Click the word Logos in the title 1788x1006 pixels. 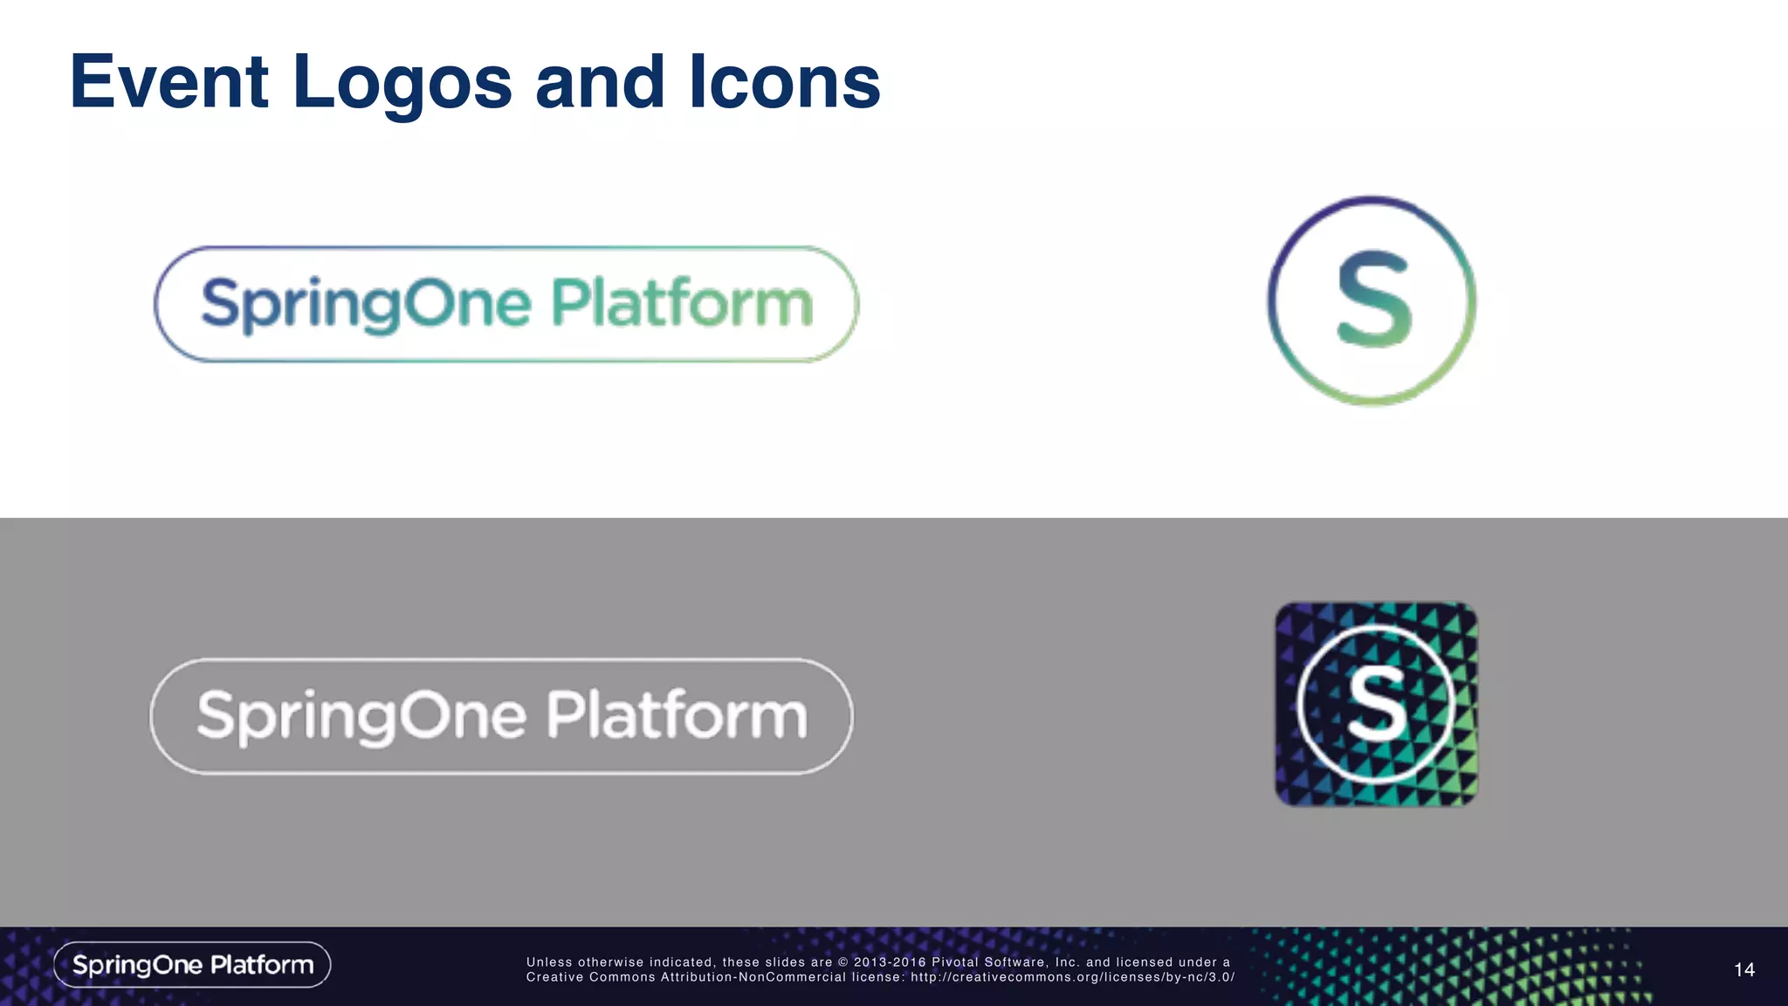pyautogui.click(x=402, y=84)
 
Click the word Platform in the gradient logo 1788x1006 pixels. pyautogui.click(x=682, y=303)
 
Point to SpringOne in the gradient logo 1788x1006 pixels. pyautogui.click(x=366, y=305)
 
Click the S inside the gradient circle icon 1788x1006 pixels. pyautogui.click(x=1373, y=299)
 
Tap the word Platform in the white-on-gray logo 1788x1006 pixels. pyautogui.click(x=677, y=715)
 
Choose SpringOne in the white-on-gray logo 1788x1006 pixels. pyautogui.click(x=361, y=717)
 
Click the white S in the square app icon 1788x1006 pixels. pyautogui.click(x=1376, y=703)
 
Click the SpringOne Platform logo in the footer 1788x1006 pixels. pyautogui.click(x=192, y=965)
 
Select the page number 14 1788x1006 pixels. pyautogui.click(x=1743, y=970)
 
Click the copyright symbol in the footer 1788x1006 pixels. pyautogui.click(x=843, y=962)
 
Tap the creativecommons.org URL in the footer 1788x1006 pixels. pyautogui.click(x=1072, y=977)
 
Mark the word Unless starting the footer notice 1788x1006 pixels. pyautogui.click(x=549, y=962)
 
